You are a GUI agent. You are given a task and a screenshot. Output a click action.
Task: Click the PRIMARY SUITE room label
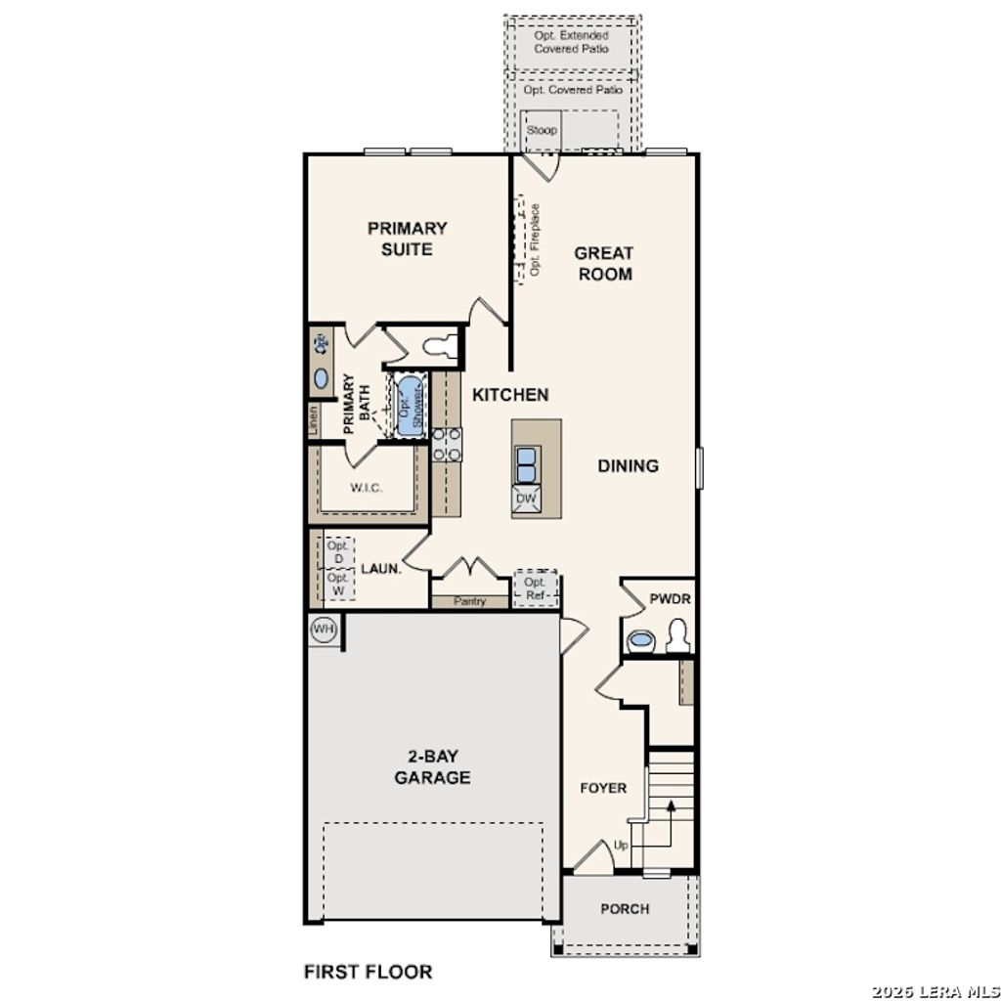tap(407, 239)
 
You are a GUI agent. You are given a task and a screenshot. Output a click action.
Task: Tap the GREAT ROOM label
tap(604, 264)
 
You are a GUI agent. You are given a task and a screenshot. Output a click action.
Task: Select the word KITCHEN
tap(510, 395)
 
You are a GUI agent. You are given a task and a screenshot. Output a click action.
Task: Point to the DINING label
tap(628, 466)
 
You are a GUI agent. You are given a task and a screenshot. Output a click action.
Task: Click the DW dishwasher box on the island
tap(525, 500)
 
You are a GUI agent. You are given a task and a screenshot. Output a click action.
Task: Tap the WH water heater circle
tap(323, 630)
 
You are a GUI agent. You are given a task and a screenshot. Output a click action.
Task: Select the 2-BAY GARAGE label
tap(432, 767)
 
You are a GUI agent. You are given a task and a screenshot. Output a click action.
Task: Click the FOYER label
tap(603, 788)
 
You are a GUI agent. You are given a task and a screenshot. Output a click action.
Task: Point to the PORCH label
tap(625, 909)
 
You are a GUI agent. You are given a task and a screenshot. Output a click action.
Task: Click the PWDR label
tap(670, 598)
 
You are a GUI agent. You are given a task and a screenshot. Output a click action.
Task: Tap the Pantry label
tap(469, 601)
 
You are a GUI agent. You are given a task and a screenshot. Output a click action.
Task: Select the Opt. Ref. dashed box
tap(535, 588)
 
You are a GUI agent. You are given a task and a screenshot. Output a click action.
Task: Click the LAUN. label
tap(380, 568)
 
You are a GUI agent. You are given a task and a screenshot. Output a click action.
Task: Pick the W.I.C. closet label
tap(366, 487)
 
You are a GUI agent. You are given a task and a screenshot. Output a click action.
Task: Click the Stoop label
tap(542, 130)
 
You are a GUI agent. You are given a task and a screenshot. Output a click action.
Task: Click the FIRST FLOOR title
tap(368, 972)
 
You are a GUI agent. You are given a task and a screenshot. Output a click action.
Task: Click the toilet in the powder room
tap(676, 637)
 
